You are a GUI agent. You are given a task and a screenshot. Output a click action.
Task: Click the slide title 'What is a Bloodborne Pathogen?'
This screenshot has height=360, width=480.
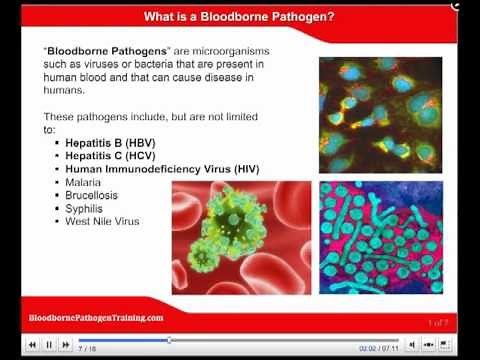239,16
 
